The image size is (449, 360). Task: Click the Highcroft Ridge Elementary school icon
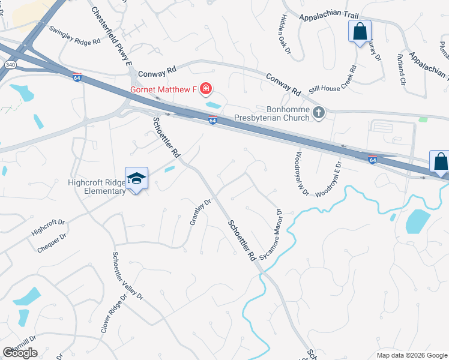tap(136, 178)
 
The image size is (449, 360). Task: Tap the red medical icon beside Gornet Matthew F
tap(206, 90)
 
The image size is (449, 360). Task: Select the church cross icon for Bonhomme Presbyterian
tap(319, 111)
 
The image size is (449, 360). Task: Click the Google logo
tap(20, 353)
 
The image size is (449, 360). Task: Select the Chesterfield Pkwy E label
tap(111, 35)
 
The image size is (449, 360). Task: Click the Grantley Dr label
tap(200, 212)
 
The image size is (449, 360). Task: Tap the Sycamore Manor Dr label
tap(270, 235)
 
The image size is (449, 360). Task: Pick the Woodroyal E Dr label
tap(328, 179)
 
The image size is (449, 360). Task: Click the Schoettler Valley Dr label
tap(127, 275)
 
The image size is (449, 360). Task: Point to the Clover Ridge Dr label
tap(113, 313)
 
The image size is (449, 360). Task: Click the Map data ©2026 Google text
tap(411, 355)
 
